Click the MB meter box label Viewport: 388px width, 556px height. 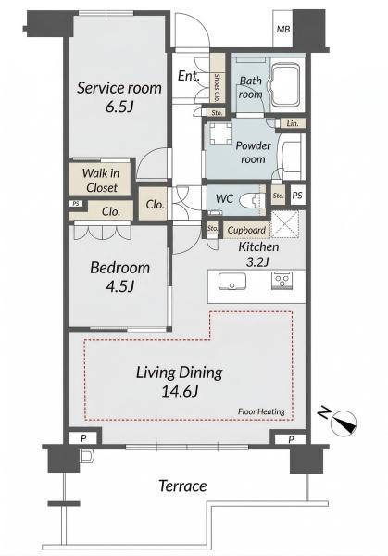click(x=283, y=29)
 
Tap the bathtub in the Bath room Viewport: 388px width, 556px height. click(x=286, y=85)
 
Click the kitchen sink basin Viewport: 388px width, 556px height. click(x=232, y=282)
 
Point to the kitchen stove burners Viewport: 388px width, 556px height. click(x=282, y=280)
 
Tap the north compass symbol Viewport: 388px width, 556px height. click(x=343, y=423)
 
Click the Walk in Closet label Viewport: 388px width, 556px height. click(x=101, y=181)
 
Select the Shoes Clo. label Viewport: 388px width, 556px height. click(x=217, y=87)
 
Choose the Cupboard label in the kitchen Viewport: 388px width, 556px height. click(x=246, y=230)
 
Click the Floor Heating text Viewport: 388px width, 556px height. click(x=261, y=411)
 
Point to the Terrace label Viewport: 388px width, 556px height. click(x=182, y=486)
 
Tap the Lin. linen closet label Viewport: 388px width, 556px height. click(x=293, y=123)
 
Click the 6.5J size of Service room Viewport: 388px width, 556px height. click(x=119, y=106)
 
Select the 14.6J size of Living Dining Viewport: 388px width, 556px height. click(x=180, y=391)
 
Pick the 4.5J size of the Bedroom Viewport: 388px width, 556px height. click(x=119, y=285)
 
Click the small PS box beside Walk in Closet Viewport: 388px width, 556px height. click(x=76, y=204)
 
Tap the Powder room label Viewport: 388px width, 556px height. click(x=253, y=153)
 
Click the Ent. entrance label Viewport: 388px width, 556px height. click(x=188, y=76)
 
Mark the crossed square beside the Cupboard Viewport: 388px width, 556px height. click(x=285, y=225)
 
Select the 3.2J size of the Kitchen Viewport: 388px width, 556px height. click(x=257, y=262)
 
